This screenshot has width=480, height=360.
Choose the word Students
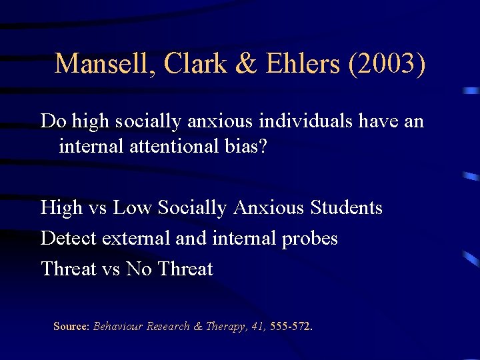pyautogui.click(x=347, y=208)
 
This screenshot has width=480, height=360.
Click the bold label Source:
pyautogui.click(x=71, y=327)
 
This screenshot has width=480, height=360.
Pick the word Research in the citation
pyautogui.click(x=169, y=327)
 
